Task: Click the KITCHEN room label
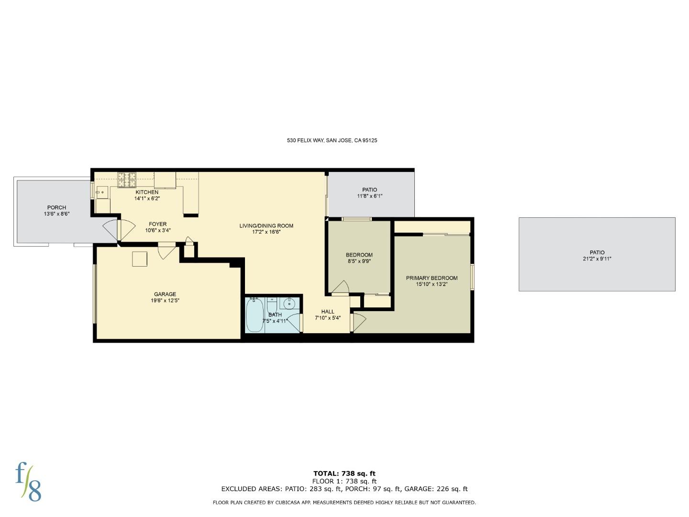pos(147,192)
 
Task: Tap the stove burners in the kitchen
pos(127,180)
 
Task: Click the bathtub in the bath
pos(255,315)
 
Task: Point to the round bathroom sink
pos(289,303)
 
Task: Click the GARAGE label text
pos(165,294)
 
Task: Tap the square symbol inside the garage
pos(140,258)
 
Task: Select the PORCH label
pos(56,208)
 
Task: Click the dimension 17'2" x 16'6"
pos(266,232)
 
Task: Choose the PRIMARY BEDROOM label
pos(432,278)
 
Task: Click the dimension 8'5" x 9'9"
pos(359,261)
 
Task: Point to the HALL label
pos(328,312)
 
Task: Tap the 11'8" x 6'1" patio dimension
pos(369,196)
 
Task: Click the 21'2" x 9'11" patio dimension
pos(597,259)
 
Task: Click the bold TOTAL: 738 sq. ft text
pos(344,473)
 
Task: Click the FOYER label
pos(157,224)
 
